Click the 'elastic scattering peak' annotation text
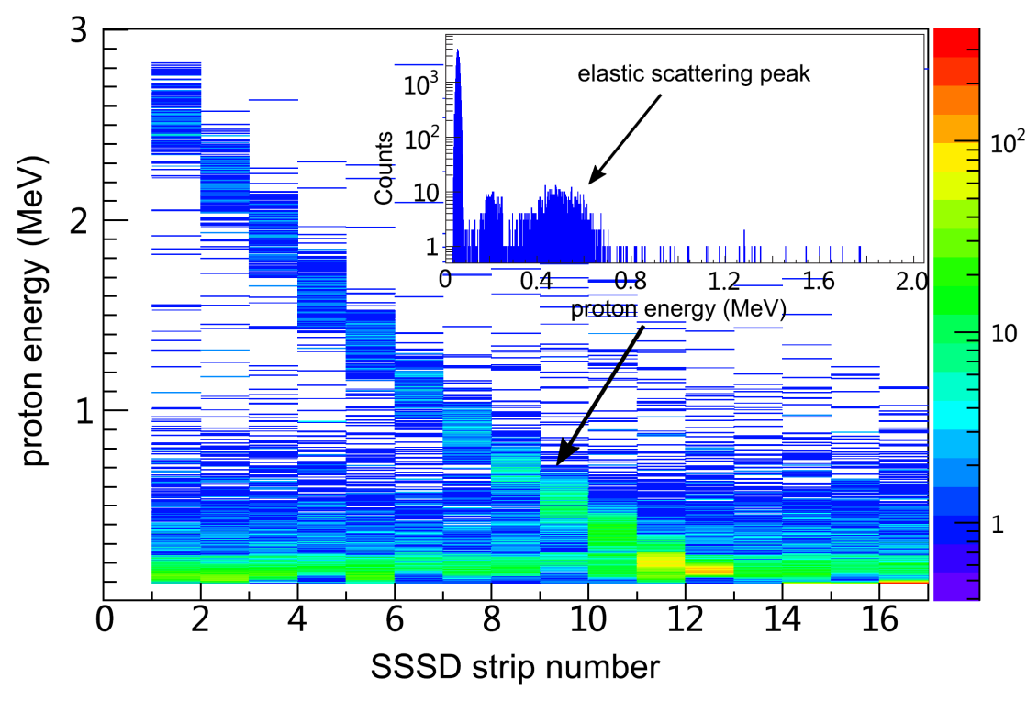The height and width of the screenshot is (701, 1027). [694, 74]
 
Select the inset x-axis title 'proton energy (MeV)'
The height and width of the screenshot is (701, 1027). [678, 309]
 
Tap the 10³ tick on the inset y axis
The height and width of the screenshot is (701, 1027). [419, 85]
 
